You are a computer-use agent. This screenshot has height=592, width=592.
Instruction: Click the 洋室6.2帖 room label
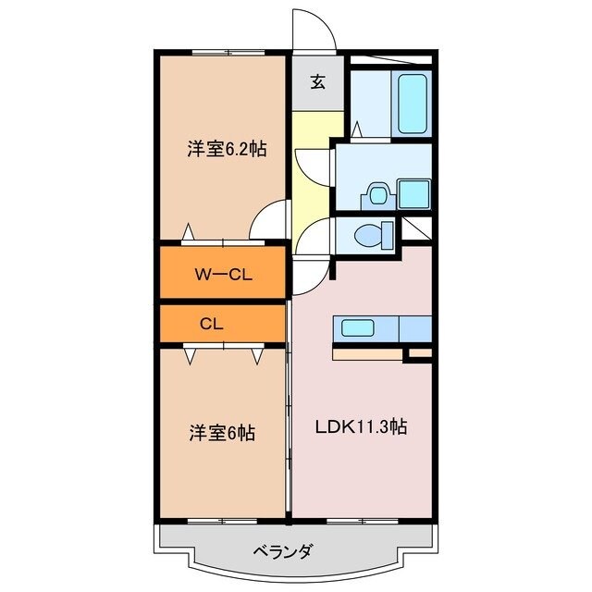point(227,148)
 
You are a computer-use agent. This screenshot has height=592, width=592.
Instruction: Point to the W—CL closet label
point(224,274)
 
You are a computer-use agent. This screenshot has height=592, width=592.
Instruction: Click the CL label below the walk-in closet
point(212,325)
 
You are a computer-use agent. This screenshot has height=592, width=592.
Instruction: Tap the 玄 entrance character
point(317,82)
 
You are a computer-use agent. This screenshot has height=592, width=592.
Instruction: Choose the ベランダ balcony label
point(282,552)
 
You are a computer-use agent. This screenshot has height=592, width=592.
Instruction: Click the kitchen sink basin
point(357,327)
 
